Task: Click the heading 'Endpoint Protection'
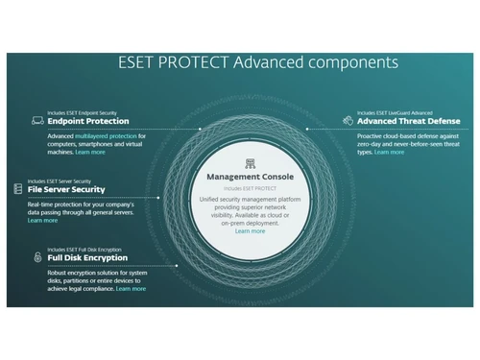click(88, 121)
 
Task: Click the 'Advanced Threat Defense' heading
click(409, 121)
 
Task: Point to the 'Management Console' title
click(249, 178)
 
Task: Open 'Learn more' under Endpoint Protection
click(91, 152)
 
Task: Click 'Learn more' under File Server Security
click(42, 221)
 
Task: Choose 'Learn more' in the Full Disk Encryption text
click(131, 288)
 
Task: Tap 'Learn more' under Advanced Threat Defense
click(389, 152)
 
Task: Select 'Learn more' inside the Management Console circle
click(250, 231)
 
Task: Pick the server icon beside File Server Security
click(18, 188)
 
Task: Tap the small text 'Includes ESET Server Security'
click(63, 180)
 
